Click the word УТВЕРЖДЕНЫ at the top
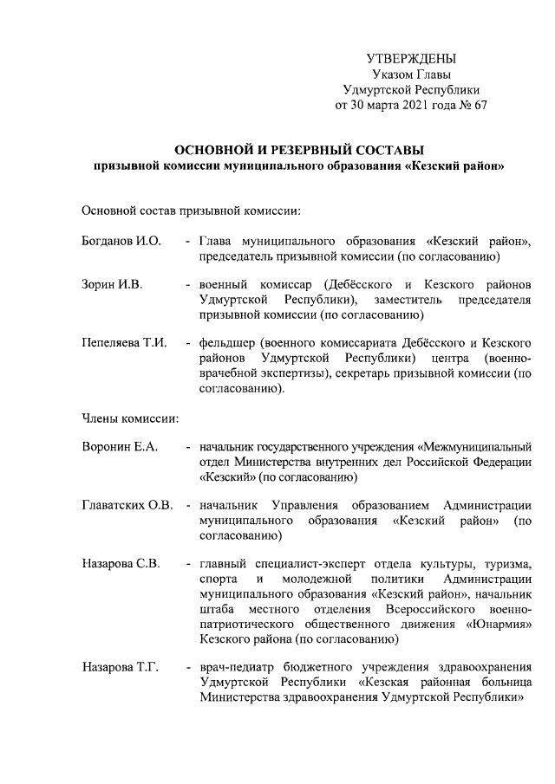411,58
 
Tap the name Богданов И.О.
121,240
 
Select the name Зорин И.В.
112,284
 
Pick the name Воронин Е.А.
120,447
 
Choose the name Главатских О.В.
127,505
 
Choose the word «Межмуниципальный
474,447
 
